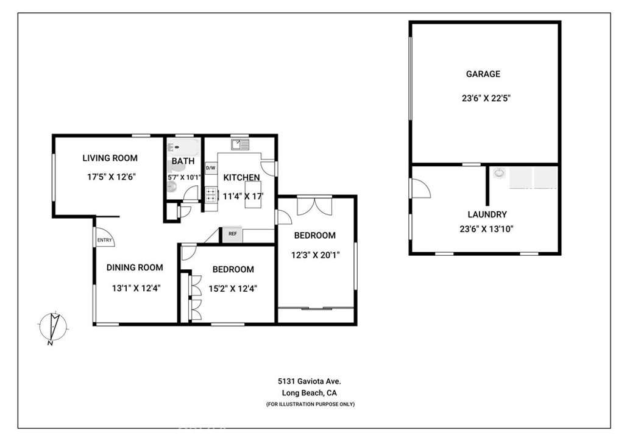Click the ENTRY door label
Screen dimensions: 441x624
[x=105, y=241]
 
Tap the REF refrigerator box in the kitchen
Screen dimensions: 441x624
[x=232, y=234]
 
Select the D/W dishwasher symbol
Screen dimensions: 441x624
[x=210, y=168]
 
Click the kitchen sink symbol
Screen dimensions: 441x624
[x=240, y=144]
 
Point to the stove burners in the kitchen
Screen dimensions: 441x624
[x=211, y=195]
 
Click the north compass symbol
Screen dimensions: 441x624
[x=54, y=327]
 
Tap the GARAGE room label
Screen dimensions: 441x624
[x=483, y=74]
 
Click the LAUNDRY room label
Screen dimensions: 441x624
[x=487, y=214]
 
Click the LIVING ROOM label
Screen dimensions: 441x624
[x=110, y=158]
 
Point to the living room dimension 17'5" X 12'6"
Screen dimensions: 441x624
[x=110, y=177]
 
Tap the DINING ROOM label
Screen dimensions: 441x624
[x=135, y=267]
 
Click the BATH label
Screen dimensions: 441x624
[x=183, y=161]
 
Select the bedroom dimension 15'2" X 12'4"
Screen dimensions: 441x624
[x=233, y=289]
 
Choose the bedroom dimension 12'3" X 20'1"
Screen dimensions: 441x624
[x=315, y=255]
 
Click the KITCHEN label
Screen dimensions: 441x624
[x=241, y=177]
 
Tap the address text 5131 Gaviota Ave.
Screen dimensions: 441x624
[x=310, y=381]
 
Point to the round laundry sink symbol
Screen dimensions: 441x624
[x=500, y=172]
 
